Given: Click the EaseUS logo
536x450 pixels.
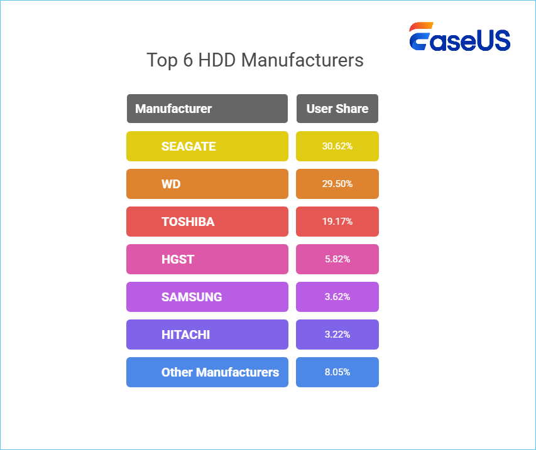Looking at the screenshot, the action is click(460, 36).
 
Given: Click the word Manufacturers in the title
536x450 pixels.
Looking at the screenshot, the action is click(302, 60).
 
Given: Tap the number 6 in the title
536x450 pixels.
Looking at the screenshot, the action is click(188, 60).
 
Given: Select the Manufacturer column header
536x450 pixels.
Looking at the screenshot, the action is click(207, 109).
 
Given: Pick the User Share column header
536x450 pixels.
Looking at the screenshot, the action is click(337, 109).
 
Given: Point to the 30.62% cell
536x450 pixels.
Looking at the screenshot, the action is click(337, 146).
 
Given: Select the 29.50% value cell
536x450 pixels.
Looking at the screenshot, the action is click(337, 184).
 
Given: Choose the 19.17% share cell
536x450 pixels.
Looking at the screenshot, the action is click(337, 222).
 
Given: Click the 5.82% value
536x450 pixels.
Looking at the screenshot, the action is click(337, 259).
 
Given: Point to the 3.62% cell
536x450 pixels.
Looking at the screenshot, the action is click(337, 297).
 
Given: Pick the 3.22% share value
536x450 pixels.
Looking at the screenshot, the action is click(337, 335).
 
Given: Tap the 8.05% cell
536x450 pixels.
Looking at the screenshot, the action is click(337, 372).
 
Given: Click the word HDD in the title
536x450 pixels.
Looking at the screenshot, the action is click(217, 60).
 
